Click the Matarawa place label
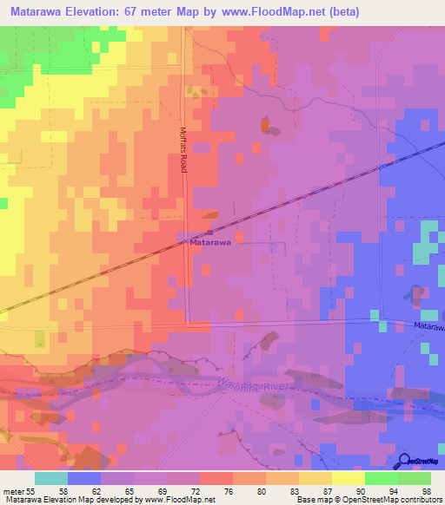point(210,244)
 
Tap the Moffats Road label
point(184,148)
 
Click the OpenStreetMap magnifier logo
point(404,461)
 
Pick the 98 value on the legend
point(426,490)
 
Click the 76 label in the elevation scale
point(228,490)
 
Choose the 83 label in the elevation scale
point(294,490)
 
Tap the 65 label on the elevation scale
point(129,490)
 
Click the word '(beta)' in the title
point(341,12)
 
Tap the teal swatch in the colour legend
point(50,478)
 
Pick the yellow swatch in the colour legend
point(348,478)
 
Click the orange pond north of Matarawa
point(264,124)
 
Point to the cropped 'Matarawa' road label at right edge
point(428,327)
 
